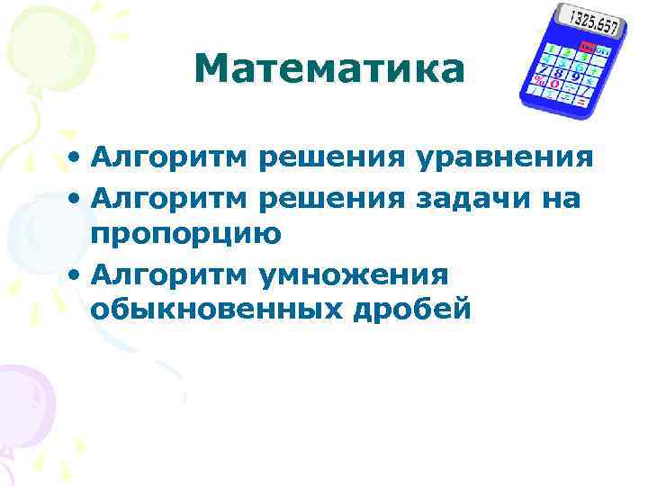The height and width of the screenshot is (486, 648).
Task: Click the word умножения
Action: [353, 273]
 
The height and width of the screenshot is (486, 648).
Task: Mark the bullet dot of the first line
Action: [76, 160]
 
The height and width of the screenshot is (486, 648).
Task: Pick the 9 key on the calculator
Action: [574, 78]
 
